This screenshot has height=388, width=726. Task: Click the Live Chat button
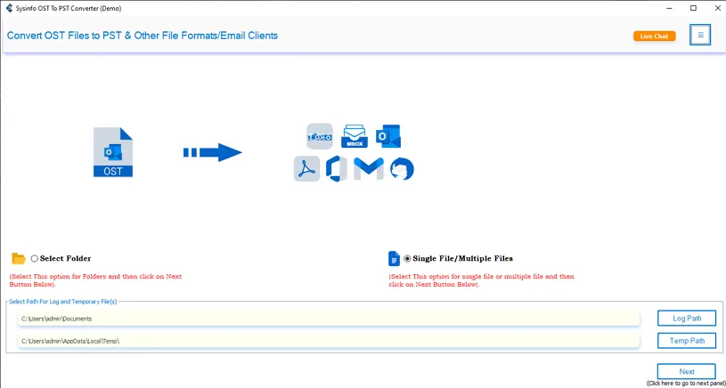coord(655,36)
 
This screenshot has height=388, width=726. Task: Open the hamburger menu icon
coord(700,36)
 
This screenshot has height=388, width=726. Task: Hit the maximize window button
coord(693,8)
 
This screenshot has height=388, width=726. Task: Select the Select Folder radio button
coord(35,259)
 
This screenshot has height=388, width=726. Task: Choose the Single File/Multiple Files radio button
coord(408,259)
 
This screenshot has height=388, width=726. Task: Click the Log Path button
coord(686,318)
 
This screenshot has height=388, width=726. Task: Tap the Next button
coord(686,372)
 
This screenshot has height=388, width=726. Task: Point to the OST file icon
coord(113,152)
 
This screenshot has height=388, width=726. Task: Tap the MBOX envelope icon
coord(355,136)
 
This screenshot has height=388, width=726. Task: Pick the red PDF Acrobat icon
coord(306,168)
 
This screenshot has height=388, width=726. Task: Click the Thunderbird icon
coord(402,168)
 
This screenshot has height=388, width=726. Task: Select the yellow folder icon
coord(19,259)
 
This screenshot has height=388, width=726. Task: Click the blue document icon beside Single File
coord(394,259)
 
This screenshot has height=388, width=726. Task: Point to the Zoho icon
coord(319,136)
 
